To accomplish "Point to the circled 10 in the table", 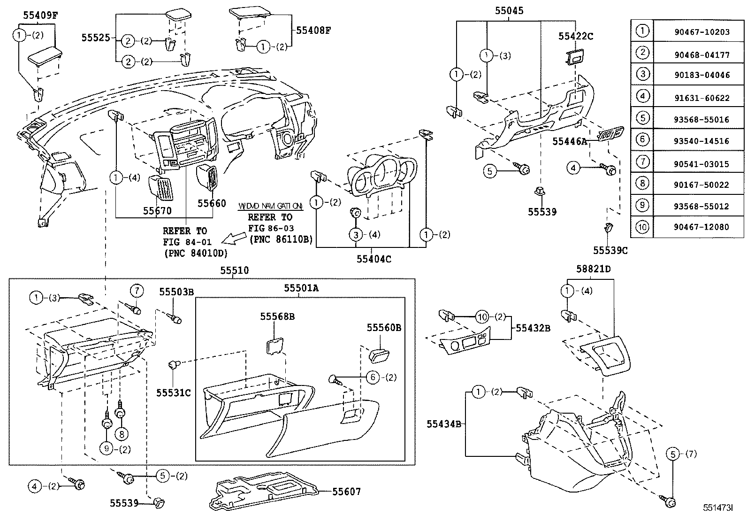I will coord(642,227).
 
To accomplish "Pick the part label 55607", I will coord(346,492).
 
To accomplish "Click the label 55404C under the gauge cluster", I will coord(373,259).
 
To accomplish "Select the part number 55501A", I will coord(301,288).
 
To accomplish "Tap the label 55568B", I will coord(277,317).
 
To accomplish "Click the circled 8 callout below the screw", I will coord(121,434).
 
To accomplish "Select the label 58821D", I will coord(593,270).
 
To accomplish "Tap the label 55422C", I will coord(576,36).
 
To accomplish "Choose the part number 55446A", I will coord(570,141).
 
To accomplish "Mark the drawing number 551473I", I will coord(717,508).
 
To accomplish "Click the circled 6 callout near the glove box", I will coord(373,377).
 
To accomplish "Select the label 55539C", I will coord(610,251).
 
